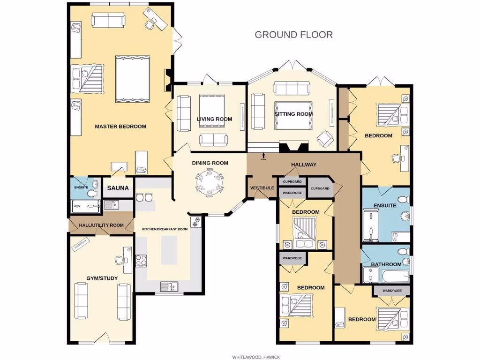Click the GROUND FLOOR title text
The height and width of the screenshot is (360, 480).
tap(293, 34)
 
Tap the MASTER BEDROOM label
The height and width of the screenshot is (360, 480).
tap(120, 126)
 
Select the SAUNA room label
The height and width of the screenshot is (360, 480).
tap(118, 188)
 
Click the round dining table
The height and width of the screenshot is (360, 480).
tap(210, 181)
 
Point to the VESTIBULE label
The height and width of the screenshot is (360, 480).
tap(262, 188)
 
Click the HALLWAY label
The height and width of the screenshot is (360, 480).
tap(304, 165)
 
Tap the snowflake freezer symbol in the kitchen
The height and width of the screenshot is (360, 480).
tap(196, 220)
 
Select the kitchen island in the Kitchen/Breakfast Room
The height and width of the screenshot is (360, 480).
tap(169, 249)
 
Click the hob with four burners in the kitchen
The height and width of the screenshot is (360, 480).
tap(141, 260)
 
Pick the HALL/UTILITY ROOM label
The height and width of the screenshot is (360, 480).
tap(101, 225)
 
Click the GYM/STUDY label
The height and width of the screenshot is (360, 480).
tap(102, 278)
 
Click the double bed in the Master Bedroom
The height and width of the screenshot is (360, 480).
tap(133, 79)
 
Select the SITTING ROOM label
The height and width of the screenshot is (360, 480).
tap(293, 114)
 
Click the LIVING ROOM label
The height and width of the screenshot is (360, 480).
tap(214, 119)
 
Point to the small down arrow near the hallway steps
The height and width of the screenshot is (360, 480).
tap(263, 156)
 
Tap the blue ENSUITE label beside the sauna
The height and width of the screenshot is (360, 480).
tap(81, 187)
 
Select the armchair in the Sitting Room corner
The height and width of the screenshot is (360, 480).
tap(325, 139)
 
